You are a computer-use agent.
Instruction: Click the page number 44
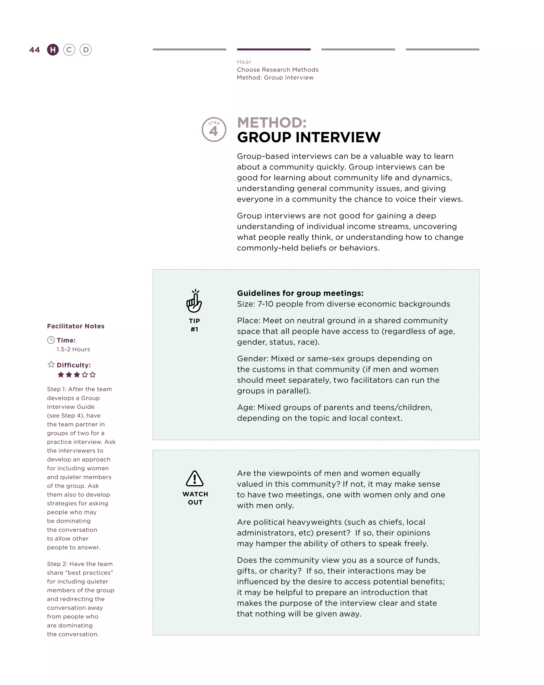[35, 50]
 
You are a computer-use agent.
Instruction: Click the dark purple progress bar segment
[274, 49]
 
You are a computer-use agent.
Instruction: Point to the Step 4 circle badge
[214, 130]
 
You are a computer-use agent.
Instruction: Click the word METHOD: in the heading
[272, 123]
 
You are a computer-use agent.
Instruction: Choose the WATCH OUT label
[195, 498]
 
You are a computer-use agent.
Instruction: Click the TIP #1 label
[194, 325]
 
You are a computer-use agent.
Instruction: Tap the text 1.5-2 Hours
[73, 349]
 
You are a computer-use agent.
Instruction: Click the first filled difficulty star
[61, 375]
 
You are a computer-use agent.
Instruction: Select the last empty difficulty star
[93, 375]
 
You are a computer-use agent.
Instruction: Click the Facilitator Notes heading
[75, 326]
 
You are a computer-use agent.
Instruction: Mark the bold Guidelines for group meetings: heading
[300, 293]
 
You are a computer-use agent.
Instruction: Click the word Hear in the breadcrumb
[244, 62]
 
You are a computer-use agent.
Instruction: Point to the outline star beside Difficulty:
[51, 364]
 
